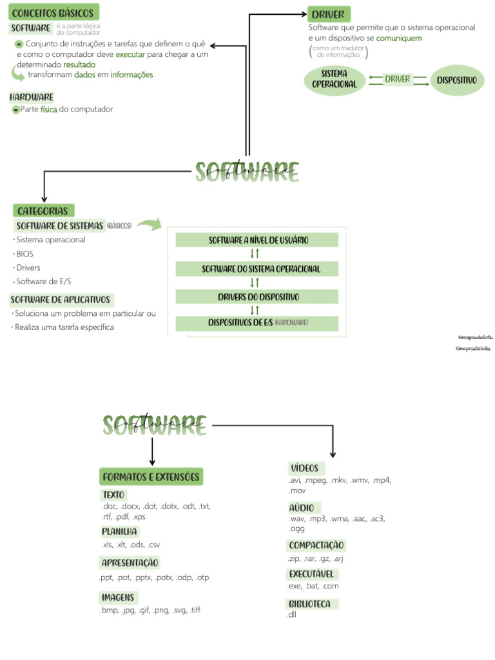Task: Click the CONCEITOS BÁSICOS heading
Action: click(x=53, y=13)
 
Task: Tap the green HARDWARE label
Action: click(x=31, y=97)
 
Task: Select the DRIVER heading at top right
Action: click(x=328, y=14)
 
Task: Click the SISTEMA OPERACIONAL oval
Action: click(x=334, y=79)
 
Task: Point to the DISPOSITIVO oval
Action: click(x=456, y=80)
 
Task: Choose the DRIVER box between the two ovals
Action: click(x=397, y=79)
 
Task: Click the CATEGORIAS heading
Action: click(x=43, y=211)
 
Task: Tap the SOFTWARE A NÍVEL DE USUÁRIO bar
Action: click(x=258, y=240)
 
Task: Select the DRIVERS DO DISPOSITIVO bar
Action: click(x=258, y=297)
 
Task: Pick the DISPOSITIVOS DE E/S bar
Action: click(x=258, y=322)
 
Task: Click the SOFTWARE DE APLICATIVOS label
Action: click(x=61, y=300)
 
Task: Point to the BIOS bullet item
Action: click(x=24, y=254)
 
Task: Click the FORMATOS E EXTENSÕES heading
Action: click(x=151, y=477)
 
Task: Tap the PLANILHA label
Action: click(x=119, y=532)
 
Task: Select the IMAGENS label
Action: click(x=117, y=597)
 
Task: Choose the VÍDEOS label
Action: click(x=304, y=468)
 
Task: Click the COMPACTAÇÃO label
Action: click(x=316, y=545)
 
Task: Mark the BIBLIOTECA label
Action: click(x=310, y=604)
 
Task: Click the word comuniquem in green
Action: click(x=399, y=38)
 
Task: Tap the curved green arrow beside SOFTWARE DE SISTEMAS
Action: click(x=150, y=224)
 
